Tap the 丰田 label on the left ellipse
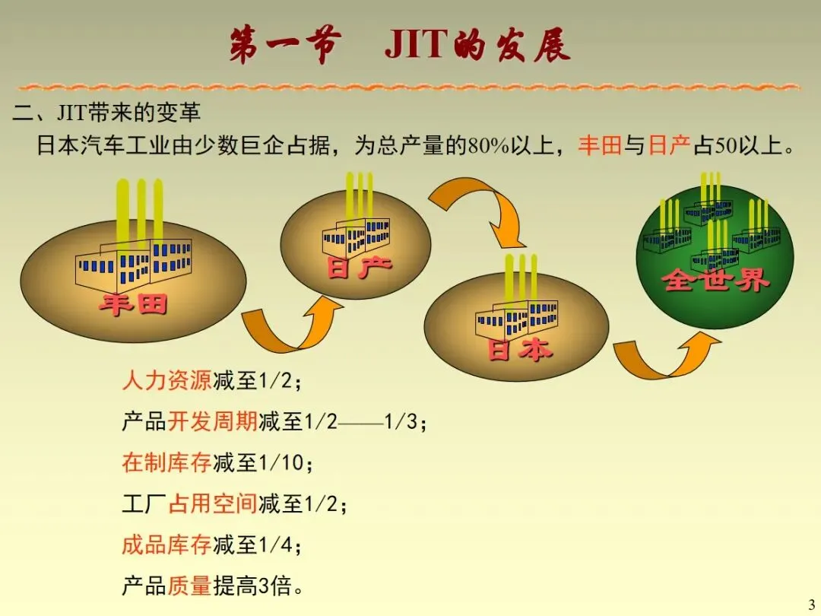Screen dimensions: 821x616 [x=134, y=304]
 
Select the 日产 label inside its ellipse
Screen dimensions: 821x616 [x=359, y=267]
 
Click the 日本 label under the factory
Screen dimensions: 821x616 [x=519, y=350]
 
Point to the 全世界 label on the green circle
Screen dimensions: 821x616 [x=715, y=280]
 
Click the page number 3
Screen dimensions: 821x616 [x=810, y=602]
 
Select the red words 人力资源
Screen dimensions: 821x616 [x=166, y=379]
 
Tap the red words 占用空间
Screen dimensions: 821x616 [x=212, y=503]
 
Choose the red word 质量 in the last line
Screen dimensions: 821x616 [x=189, y=586]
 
